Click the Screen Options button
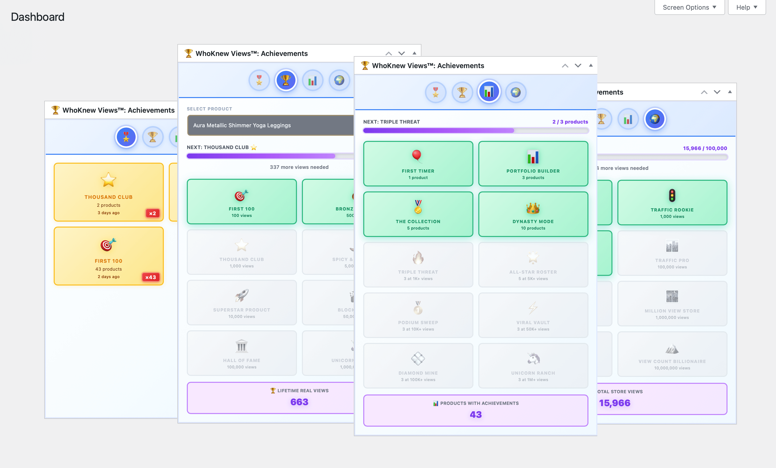pos(689,7)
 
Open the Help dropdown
pos(746,7)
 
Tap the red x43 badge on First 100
pos(150,277)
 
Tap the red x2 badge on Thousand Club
pos(152,213)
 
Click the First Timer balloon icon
pos(417,156)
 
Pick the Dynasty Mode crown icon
pos(533,208)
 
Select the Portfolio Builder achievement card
pos(533,164)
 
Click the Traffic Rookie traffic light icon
pos(672,195)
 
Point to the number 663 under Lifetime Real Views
pos(299,402)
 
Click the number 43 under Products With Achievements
pos(476,415)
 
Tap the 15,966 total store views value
pos(614,403)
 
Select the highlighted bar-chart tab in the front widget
pos(489,92)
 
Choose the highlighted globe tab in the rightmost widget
pos(655,119)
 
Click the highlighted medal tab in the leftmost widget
pos(126,137)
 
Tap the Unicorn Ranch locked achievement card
pos(533,365)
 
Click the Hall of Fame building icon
pos(242,346)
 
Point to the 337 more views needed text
pos(299,167)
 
